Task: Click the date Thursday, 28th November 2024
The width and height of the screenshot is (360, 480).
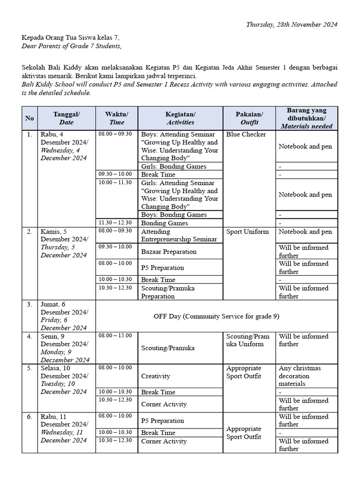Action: coord(292,24)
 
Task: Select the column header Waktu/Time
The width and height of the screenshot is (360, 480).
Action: coord(117,118)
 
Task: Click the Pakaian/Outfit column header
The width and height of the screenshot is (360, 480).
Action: coord(249,118)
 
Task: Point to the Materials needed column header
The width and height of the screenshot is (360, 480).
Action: coord(307,118)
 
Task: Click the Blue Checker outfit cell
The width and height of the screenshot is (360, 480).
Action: coord(246,135)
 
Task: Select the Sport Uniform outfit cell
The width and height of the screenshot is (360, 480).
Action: coord(247,232)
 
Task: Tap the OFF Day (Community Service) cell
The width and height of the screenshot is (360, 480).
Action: coord(216,316)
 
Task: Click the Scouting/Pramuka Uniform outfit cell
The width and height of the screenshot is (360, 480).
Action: coord(248,340)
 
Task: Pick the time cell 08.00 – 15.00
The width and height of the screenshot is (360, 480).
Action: coord(115,336)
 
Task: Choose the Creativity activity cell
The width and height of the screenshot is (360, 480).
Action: coord(156,376)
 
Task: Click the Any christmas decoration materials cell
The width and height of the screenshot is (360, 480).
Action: coord(300,376)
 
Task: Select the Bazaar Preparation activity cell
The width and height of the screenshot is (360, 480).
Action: coord(169,252)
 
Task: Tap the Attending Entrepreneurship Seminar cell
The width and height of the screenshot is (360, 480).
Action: coord(179,235)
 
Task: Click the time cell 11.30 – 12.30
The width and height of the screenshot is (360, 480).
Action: coord(115,223)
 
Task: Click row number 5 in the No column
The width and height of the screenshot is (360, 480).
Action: coord(30,368)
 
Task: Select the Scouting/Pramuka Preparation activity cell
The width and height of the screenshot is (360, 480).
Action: coord(168,292)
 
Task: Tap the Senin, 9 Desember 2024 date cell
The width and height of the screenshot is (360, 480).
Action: coord(65,348)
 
